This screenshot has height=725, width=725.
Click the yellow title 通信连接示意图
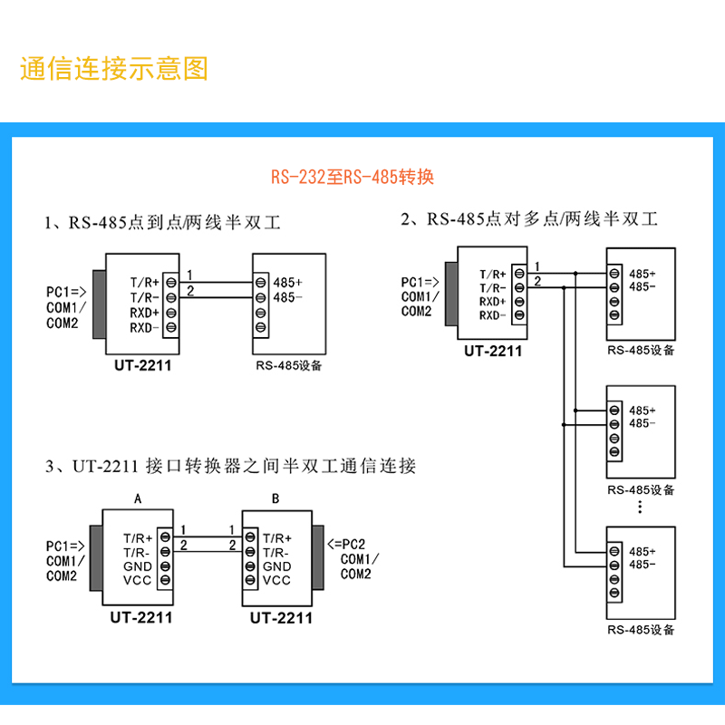point(114,69)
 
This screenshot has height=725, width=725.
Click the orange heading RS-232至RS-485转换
point(353,177)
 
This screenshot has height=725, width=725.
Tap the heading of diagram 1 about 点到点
point(163,223)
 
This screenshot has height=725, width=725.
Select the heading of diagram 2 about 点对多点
point(529,219)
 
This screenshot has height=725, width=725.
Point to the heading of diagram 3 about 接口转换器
point(231,466)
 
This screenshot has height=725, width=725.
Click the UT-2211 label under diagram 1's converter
point(143,366)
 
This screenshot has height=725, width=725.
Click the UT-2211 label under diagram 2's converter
point(493,352)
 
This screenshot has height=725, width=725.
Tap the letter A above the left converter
point(138,499)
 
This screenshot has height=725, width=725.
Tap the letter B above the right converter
point(275,499)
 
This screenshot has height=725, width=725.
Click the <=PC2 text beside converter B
point(346,544)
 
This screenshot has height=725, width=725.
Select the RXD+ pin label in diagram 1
point(144,313)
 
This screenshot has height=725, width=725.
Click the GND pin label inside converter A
point(138,566)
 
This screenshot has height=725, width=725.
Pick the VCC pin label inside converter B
point(276,580)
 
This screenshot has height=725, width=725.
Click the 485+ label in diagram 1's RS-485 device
point(287,283)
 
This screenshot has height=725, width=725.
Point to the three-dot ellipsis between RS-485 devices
point(640,507)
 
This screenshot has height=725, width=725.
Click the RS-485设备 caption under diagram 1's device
point(289,366)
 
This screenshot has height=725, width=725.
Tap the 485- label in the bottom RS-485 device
point(643,565)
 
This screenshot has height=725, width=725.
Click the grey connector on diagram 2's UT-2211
point(451,294)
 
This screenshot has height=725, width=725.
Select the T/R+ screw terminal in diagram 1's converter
point(171,282)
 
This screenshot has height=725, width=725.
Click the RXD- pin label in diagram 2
point(492,315)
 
